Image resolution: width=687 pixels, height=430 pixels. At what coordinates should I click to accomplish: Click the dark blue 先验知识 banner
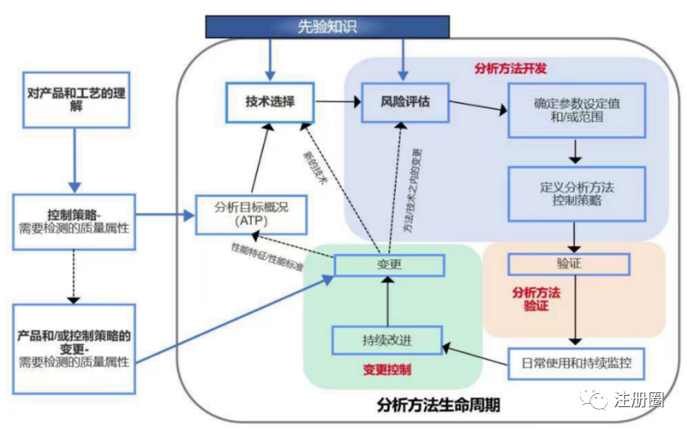pos(327,26)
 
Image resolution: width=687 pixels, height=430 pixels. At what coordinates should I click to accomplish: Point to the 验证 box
pos(568,265)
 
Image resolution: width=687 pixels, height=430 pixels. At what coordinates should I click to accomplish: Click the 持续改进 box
pos(387,340)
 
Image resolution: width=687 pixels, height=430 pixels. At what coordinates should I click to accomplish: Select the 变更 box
pos(389,265)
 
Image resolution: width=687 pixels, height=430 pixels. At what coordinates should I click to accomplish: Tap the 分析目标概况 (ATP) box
pos(243,214)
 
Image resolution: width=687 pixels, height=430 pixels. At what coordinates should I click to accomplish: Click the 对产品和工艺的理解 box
pos(76,100)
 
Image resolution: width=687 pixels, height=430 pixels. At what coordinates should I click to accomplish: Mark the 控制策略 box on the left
pos(73,218)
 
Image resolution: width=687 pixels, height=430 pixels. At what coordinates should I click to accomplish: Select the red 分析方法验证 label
pos(535,298)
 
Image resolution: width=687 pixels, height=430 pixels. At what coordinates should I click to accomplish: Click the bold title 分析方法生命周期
pos(438,405)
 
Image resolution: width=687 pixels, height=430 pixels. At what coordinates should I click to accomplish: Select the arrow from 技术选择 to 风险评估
pos(338,102)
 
